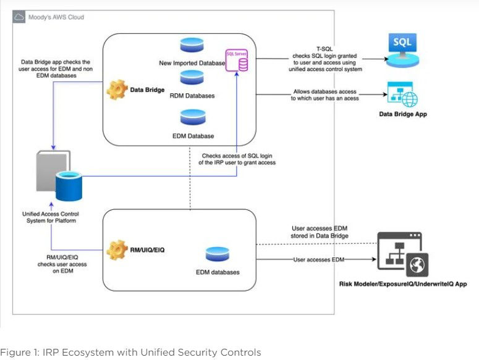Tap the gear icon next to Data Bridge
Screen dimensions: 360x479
point(116,90)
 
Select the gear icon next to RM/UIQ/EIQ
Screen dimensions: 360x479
point(117,249)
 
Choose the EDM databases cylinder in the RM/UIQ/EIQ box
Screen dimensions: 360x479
point(216,254)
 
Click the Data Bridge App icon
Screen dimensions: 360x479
point(401,95)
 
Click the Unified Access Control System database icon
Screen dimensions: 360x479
point(68,187)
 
